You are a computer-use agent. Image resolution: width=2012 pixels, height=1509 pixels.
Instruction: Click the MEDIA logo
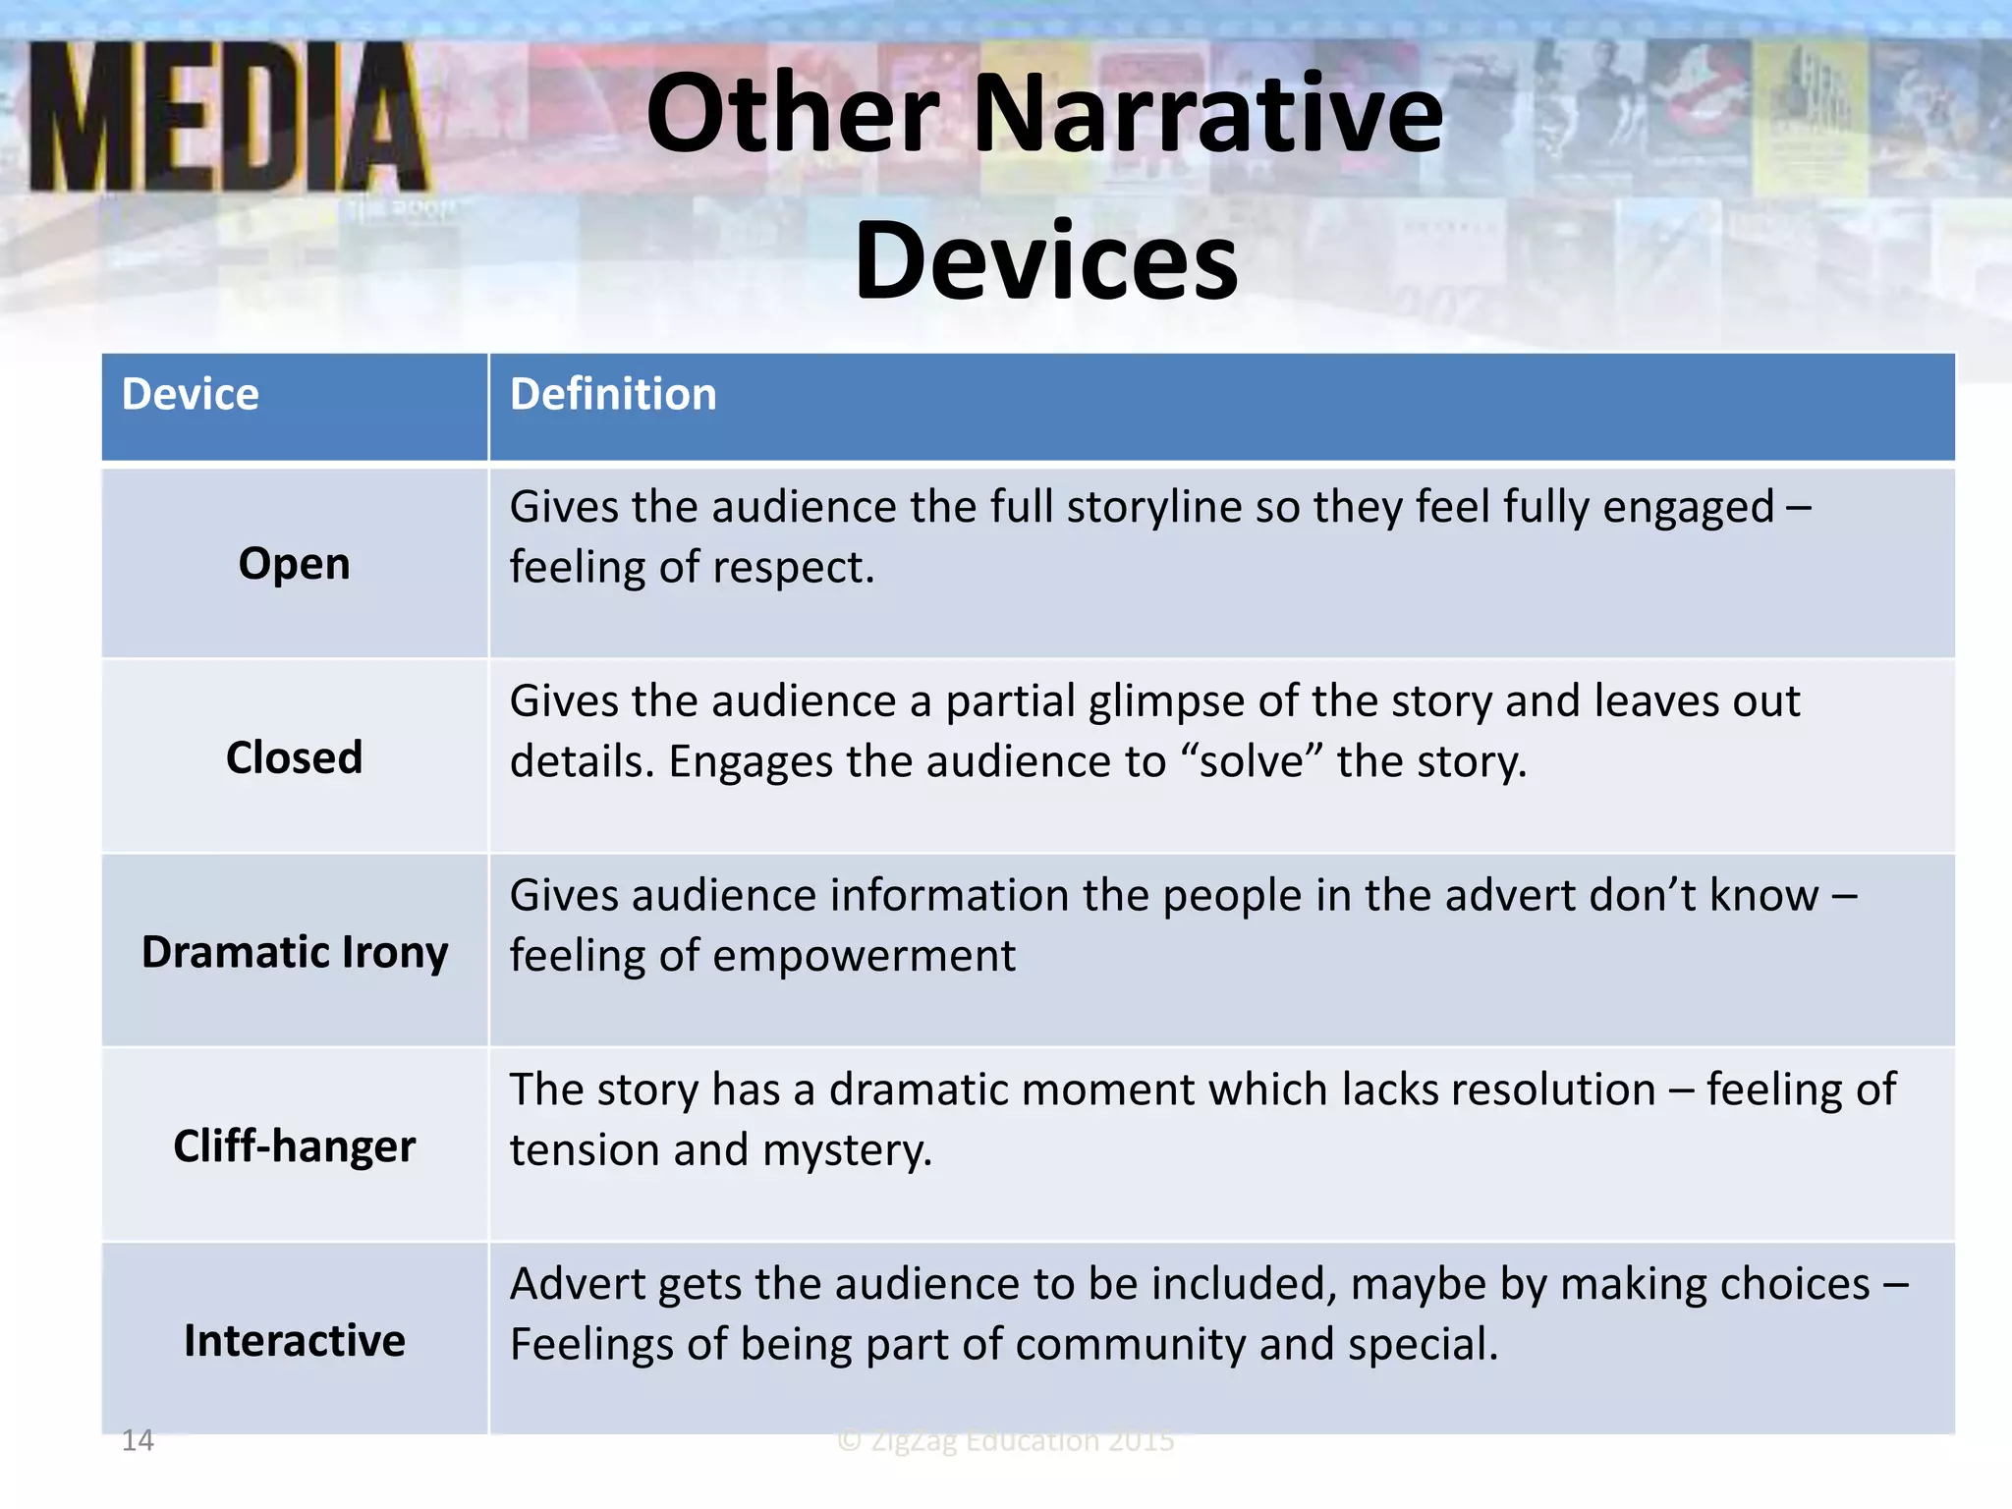coord(228,118)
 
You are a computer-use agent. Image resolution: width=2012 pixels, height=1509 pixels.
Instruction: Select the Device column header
coord(191,395)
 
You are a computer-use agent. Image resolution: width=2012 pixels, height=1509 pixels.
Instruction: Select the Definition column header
coord(613,395)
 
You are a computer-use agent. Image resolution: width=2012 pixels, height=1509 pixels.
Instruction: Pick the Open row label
coord(294,564)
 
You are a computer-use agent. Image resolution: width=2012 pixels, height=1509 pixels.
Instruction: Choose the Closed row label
coord(294,757)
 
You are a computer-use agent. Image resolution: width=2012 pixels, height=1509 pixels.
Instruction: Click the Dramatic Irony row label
coord(294,952)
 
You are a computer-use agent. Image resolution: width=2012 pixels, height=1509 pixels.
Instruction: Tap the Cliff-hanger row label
coord(294,1146)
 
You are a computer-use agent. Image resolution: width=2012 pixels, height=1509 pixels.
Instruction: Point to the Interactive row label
coord(294,1341)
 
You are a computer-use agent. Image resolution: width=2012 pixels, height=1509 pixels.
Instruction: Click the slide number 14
coord(138,1440)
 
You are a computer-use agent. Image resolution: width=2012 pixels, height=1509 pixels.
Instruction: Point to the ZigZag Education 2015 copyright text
coord(1006,1440)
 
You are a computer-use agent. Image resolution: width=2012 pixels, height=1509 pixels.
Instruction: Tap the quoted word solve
coord(1252,762)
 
